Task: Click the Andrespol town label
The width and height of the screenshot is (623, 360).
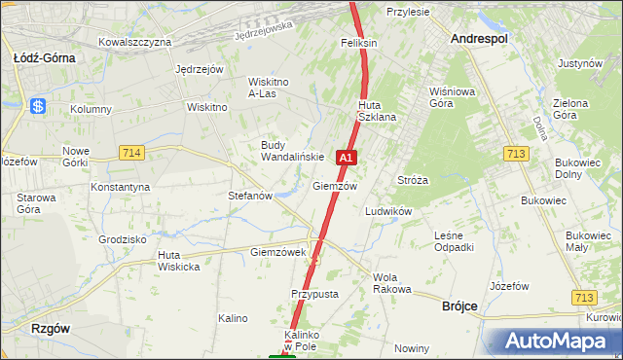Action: click(480, 38)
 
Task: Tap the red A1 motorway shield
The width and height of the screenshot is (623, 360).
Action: click(347, 157)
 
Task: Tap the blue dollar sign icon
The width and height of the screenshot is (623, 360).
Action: click(39, 106)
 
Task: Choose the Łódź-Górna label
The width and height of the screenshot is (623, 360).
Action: click(44, 57)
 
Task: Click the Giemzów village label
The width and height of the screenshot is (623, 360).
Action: click(335, 186)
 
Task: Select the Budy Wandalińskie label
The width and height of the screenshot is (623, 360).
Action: click(291, 151)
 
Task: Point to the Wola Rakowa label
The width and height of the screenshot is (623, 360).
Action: click(392, 283)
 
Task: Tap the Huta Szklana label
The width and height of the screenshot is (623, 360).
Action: click(377, 111)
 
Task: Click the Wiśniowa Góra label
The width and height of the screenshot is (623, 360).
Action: click(449, 96)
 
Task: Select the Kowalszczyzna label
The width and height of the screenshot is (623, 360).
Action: click(135, 42)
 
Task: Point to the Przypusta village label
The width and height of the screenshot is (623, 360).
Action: click(313, 293)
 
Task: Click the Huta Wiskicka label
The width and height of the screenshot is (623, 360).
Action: click(178, 261)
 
